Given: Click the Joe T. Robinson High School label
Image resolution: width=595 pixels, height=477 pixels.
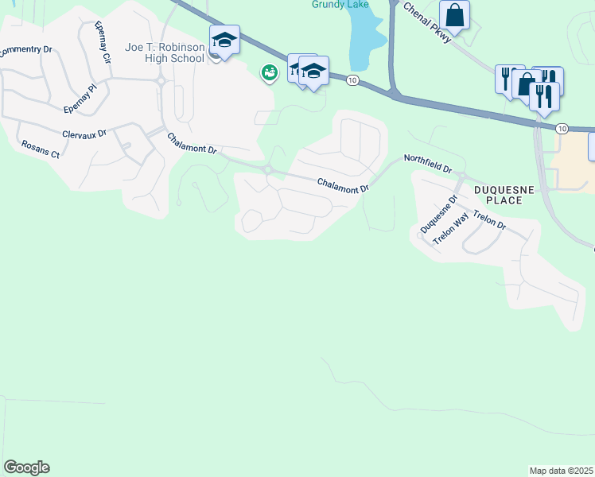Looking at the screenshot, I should [x=165, y=52].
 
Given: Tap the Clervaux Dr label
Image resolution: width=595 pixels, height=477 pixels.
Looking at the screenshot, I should [x=84, y=133].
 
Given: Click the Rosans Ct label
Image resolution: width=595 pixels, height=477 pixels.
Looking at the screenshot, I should [x=40, y=149].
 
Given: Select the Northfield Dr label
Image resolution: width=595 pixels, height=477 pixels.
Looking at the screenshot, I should [x=427, y=164].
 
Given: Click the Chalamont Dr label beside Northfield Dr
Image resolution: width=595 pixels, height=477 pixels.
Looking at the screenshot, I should [x=344, y=185].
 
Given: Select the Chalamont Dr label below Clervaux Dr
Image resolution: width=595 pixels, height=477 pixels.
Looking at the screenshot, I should [x=192, y=144].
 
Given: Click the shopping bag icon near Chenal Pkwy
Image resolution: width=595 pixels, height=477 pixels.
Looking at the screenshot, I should [x=454, y=14].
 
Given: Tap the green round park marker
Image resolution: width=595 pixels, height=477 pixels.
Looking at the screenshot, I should [x=270, y=73].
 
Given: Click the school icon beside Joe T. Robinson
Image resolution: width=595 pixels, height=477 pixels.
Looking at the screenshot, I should [x=224, y=40].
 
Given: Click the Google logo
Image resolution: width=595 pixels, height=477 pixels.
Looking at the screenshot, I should [x=26, y=467].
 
